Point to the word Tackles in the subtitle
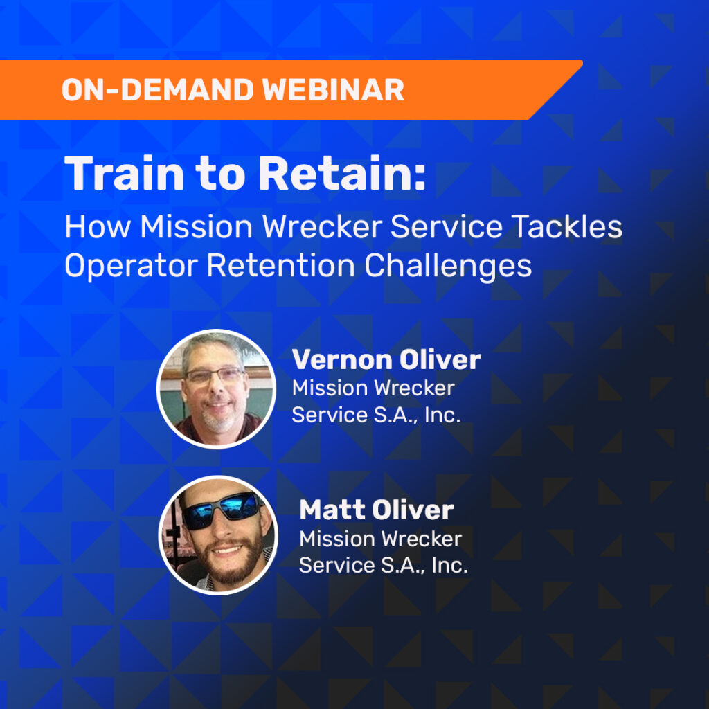coord(567,228)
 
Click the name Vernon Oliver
coord(386,360)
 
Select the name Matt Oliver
coord(377,510)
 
